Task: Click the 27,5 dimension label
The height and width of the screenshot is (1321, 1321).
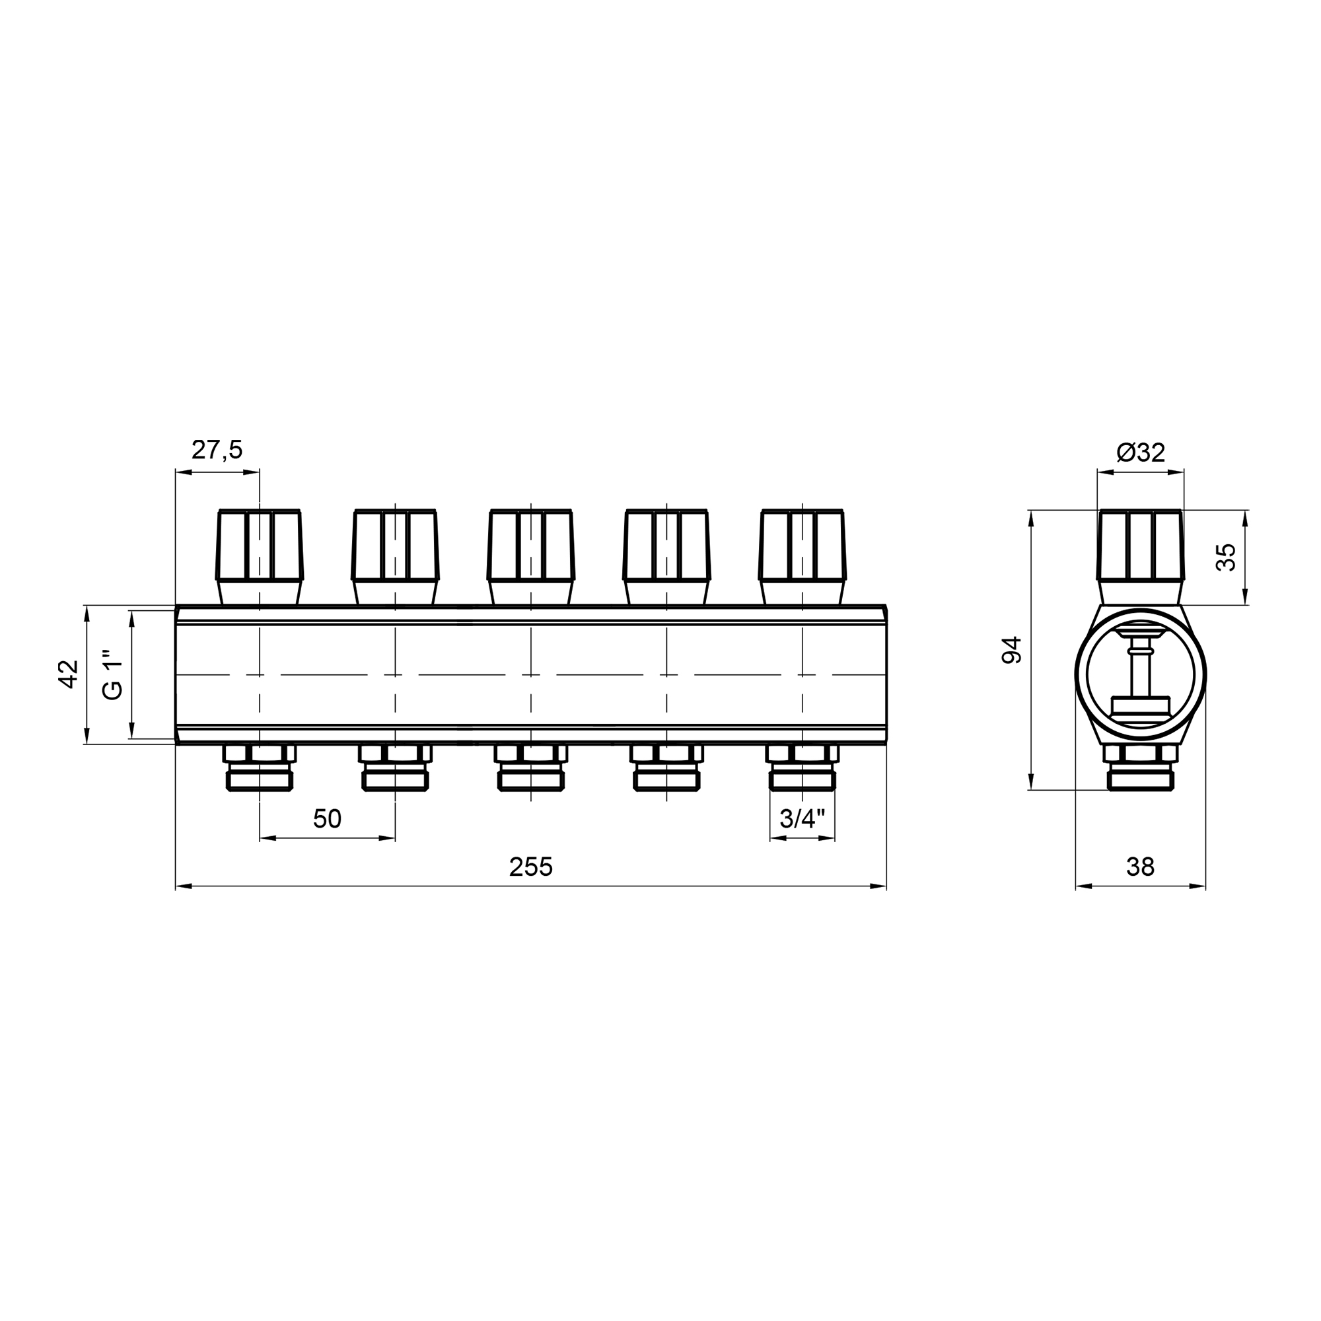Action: pyautogui.click(x=217, y=450)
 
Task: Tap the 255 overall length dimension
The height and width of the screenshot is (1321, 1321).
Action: pyautogui.click(x=530, y=867)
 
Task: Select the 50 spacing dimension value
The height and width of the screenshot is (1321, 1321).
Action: pyautogui.click(x=327, y=818)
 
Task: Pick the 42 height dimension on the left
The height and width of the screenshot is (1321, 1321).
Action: pyautogui.click(x=69, y=674)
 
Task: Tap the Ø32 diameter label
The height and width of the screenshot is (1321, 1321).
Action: pyautogui.click(x=1141, y=452)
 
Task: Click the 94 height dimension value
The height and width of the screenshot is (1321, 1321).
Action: pyautogui.click(x=1011, y=649)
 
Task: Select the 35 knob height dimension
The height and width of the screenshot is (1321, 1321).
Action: pyautogui.click(x=1226, y=557)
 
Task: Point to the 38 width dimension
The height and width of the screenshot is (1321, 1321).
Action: pyautogui.click(x=1141, y=867)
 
